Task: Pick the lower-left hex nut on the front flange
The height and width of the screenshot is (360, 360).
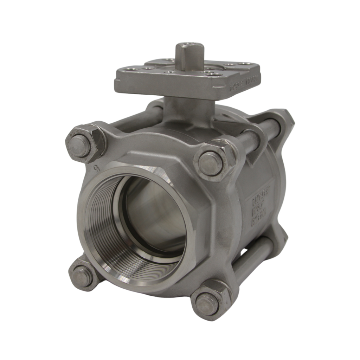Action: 83,275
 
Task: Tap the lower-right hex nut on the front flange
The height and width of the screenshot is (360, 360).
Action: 210,301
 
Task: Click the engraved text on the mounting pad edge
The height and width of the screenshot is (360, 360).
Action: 246,83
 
